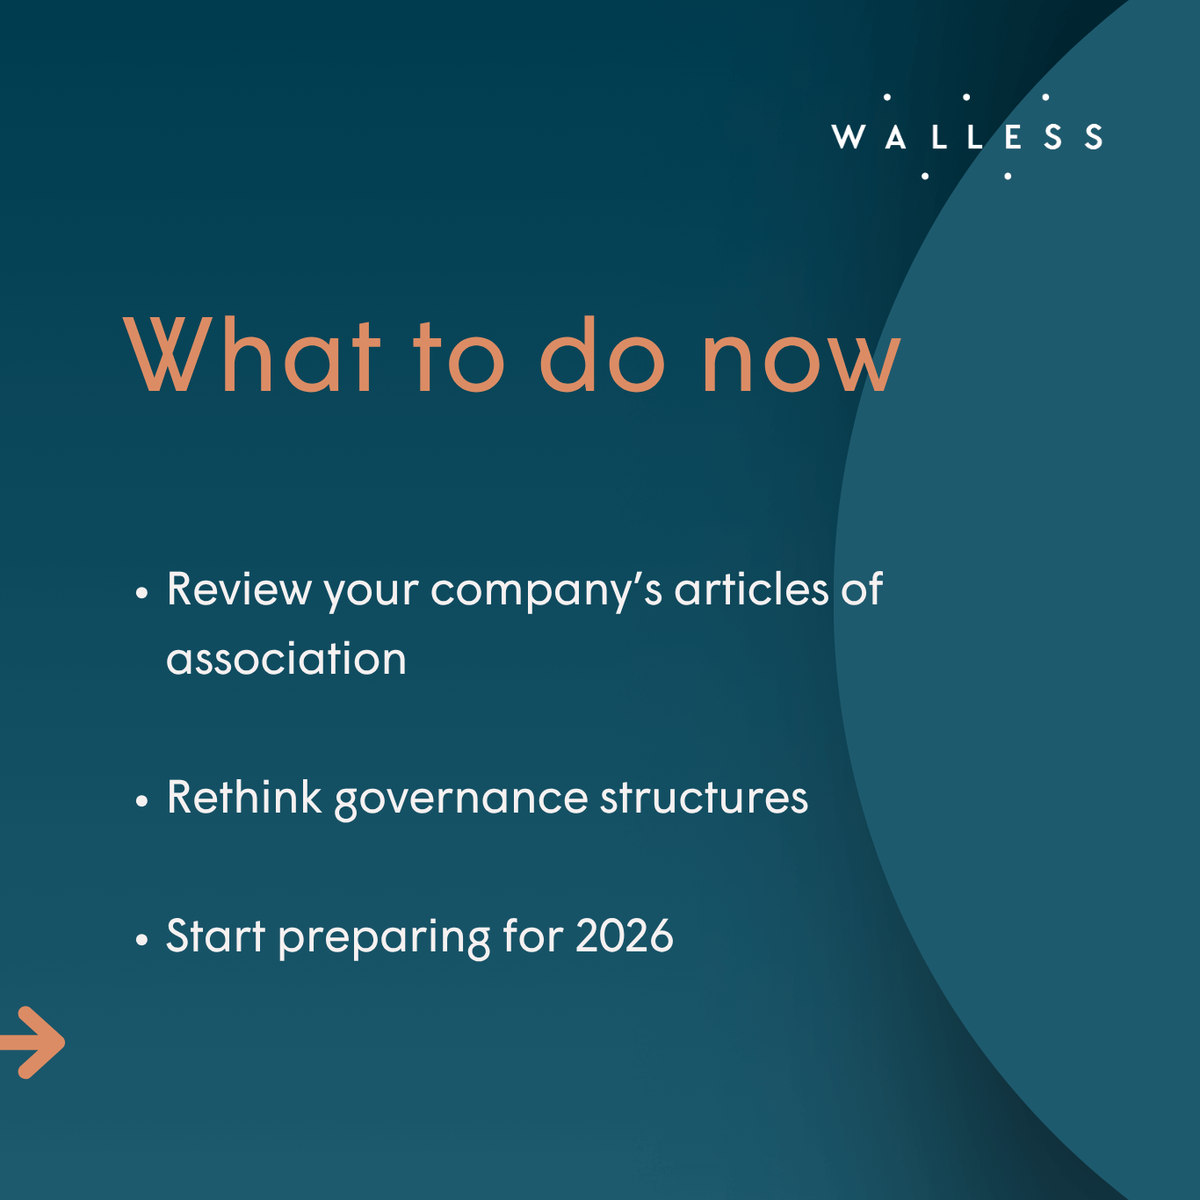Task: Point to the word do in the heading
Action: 603,354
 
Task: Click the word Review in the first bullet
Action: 238,589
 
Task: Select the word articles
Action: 752,589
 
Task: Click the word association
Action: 286,659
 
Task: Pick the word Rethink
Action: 243,797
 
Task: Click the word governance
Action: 461,801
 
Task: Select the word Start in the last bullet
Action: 215,936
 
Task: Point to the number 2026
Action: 625,936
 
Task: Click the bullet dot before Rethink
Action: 142,801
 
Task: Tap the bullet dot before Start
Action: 142,939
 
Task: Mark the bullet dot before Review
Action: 142,593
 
